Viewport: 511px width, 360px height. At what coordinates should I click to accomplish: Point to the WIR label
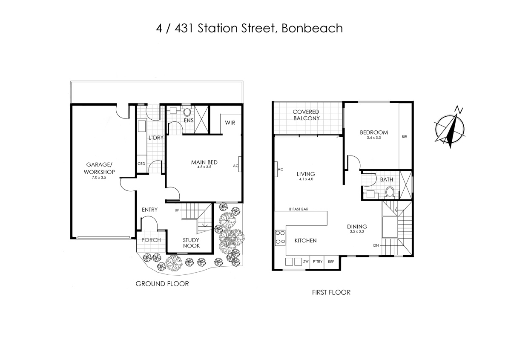click(230, 123)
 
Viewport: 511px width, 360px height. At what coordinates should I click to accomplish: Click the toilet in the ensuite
click(187, 112)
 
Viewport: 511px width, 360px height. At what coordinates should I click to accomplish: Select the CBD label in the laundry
click(141, 164)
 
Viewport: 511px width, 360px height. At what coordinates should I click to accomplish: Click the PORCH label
click(151, 240)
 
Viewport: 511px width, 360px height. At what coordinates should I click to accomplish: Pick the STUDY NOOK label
click(191, 243)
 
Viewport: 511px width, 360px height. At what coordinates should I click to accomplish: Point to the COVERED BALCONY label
click(306, 115)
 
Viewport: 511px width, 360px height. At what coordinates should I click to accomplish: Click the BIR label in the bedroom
click(404, 137)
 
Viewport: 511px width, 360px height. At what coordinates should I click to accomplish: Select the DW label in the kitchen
click(305, 262)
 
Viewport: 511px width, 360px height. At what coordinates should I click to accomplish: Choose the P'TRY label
click(317, 262)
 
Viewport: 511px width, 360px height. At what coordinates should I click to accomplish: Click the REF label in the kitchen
click(330, 262)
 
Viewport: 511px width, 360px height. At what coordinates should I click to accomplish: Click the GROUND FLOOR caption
click(162, 284)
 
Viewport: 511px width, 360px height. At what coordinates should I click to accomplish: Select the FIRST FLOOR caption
click(331, 292)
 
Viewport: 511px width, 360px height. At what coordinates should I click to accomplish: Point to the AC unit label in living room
click(280, 169)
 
